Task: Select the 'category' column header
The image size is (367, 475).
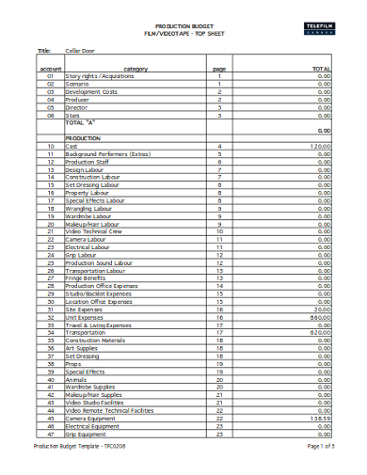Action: point(136,69)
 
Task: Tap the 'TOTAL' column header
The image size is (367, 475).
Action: point(321,69)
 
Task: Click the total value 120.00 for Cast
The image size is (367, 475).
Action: point(320,147)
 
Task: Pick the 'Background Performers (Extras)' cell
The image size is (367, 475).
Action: point(107,154)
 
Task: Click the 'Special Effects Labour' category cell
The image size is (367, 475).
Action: point(95,200)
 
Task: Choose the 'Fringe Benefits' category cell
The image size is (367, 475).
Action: point(87,277)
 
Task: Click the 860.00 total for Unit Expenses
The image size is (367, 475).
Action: point(321,317)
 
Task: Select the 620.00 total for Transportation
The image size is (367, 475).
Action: point(321,332)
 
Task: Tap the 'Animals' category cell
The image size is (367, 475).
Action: point(77,378)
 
